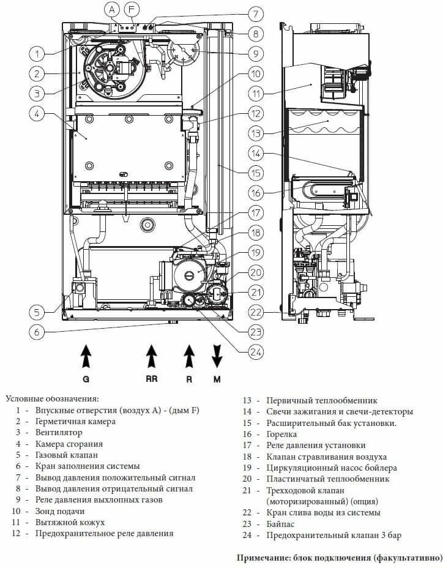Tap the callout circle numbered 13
point(256,132)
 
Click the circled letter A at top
point(112,10)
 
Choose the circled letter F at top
point(132,10)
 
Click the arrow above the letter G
point(86,355)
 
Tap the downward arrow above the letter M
point(217,355)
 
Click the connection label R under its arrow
point(189,379)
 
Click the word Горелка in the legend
point(283,434)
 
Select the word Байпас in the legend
point(281,524)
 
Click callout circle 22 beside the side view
point(256,312)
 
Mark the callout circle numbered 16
point(256,192)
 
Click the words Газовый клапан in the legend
point(66,455)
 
